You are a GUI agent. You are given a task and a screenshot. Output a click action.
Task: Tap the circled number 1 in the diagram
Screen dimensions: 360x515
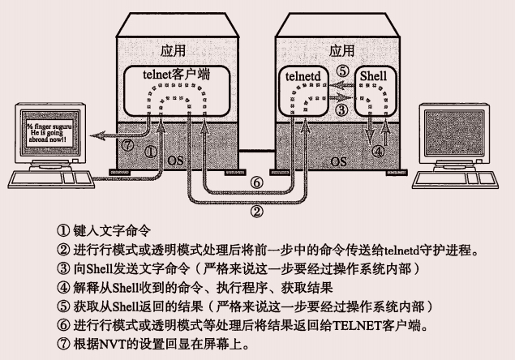tap(150, 150)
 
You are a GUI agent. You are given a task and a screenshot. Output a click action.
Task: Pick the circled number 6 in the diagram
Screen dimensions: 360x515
tap(256, 183)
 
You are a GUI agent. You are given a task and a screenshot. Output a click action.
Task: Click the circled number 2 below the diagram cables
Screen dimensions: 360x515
tap(256, 212)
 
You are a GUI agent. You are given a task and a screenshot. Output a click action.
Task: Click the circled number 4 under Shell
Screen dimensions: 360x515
tap(376, 151)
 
